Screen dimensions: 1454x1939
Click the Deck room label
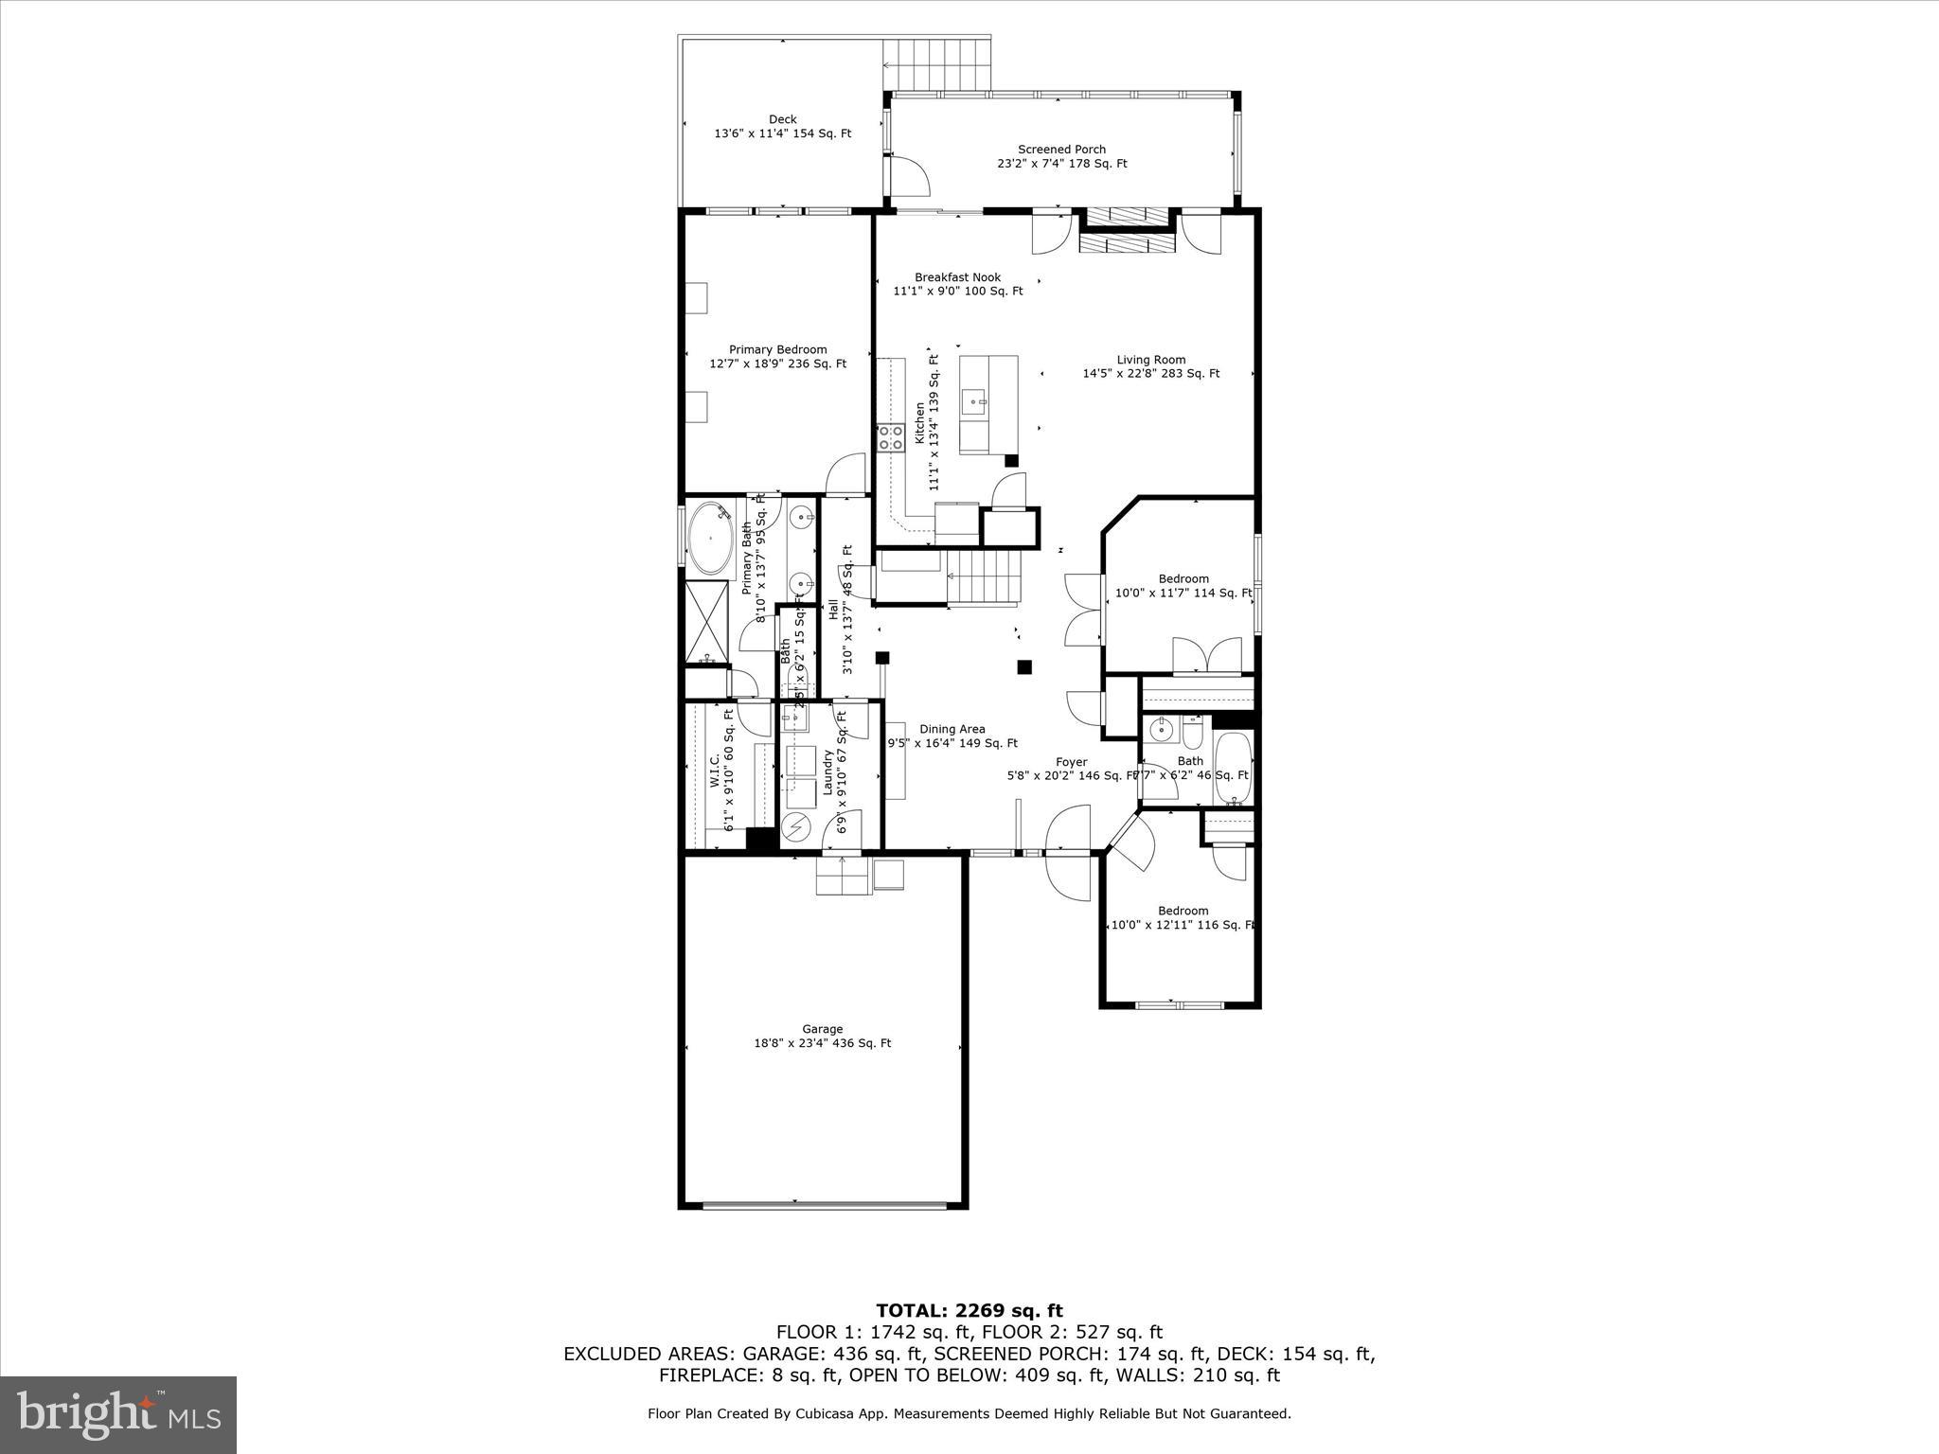coord(782,126)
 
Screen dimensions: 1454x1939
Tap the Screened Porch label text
coord(1061,156)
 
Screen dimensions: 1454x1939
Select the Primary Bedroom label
coord(777,356)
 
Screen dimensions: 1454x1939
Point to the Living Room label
coord(1150,366)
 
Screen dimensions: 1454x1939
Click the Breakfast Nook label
coord(957,284)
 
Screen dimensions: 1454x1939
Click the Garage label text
coord(822,1036)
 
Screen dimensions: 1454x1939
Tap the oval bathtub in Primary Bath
coord(710,539)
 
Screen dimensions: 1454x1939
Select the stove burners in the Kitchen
coord(890,437)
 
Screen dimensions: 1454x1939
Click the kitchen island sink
coord(974,402)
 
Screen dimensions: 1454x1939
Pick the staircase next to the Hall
coord(985,578)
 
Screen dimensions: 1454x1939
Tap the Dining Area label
coord(952,736)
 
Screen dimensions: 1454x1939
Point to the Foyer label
coord(1071,768)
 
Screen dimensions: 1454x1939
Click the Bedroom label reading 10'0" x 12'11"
coord(1183,918)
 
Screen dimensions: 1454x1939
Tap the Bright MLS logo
coord(118,1414)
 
